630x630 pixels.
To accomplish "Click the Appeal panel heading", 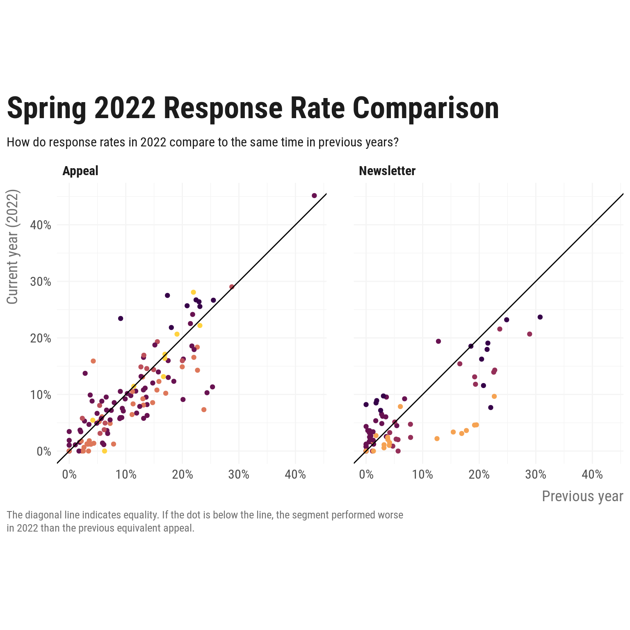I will pos(80,171).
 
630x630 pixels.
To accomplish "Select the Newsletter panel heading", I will pos(387,171).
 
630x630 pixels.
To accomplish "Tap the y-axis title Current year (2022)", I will pos(13,247).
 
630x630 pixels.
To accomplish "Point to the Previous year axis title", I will pos(582,496).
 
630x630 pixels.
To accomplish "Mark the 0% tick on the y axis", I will pos(44,452).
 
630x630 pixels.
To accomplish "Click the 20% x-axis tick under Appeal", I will pos(183,475).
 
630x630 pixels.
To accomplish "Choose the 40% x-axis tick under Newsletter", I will pos(592,475).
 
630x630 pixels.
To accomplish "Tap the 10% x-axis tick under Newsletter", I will pos(423,475).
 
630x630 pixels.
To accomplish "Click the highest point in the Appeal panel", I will pos(314,196).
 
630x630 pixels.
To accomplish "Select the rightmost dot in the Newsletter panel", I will pos(540,317).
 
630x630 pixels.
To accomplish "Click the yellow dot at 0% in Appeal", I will pos(105,451).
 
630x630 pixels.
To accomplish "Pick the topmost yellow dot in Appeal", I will pos(193,292).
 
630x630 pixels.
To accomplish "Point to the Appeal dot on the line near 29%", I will pos(232,287).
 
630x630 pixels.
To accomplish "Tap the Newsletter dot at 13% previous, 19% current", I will pos(438,341).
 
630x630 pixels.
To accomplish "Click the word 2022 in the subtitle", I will pos(153,142).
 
